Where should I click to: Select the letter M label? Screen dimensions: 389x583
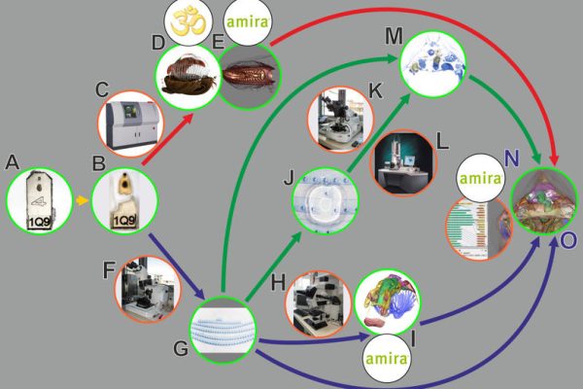tap(393, 35)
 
